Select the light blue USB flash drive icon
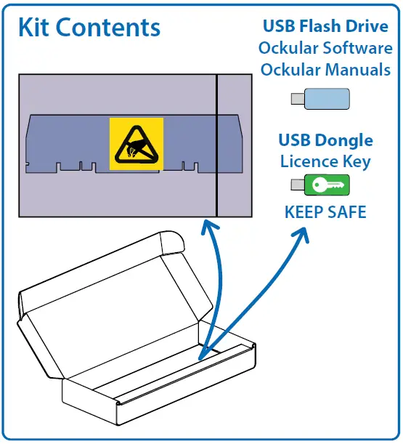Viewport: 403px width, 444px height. pos(326,99)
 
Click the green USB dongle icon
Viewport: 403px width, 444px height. pos(326,185)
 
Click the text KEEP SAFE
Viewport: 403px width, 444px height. pos(325,212)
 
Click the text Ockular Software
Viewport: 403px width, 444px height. pos(325,49)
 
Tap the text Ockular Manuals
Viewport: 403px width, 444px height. pos(325,70)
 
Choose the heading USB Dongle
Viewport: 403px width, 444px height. pos(325,140)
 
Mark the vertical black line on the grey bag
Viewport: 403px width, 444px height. pos(216,145)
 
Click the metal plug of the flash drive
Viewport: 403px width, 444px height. pos(297,100)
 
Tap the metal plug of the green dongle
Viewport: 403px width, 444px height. pos(297,185)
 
